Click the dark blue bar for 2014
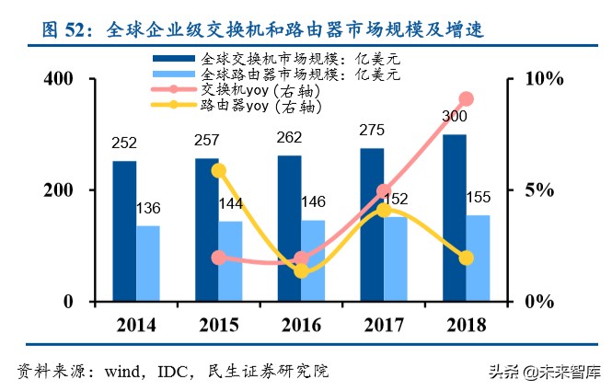[124, 231]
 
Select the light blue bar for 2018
[478, 259]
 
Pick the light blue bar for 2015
[230, 261]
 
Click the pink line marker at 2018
[466, 99]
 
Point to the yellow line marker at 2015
[218, 170]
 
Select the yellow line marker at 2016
[301, 270]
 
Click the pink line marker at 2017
[384, 191]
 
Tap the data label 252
[124, 144]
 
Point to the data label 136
[148, 209]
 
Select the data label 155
[478, 198]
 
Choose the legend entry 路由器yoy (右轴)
[260, 107]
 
